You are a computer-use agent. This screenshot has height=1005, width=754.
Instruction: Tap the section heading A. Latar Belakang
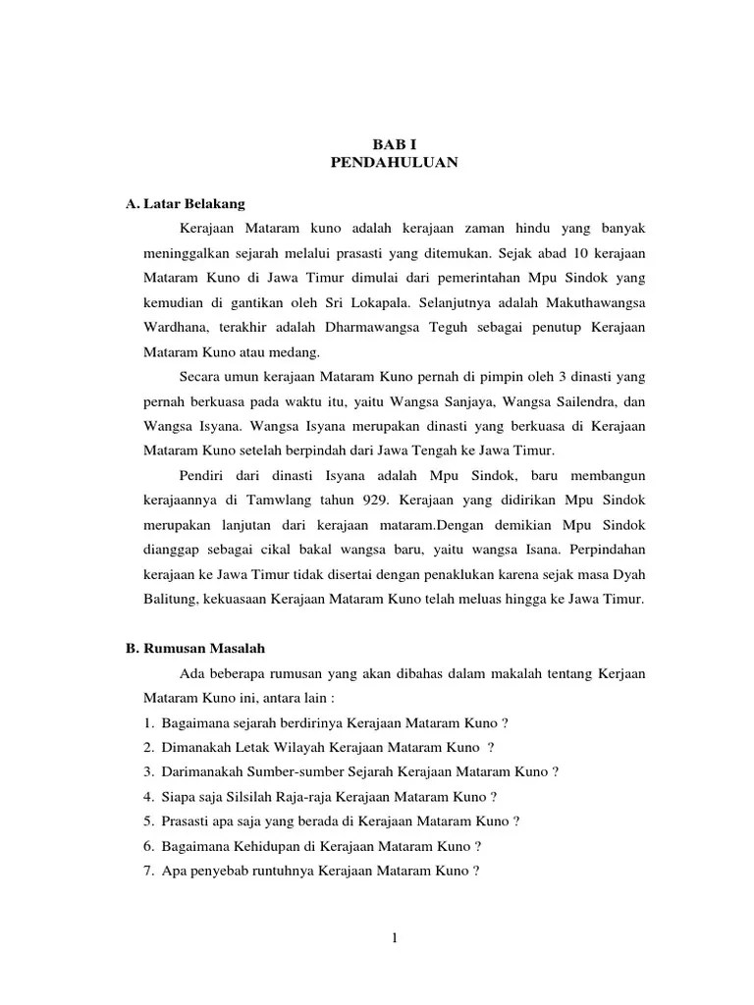(x=186, y=203)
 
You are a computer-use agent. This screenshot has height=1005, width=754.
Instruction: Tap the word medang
(x=309, y=351)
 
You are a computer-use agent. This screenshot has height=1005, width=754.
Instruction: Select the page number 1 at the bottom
(x=393, y=938)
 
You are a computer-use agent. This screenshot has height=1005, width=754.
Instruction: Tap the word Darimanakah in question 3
(x=202, y=771)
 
